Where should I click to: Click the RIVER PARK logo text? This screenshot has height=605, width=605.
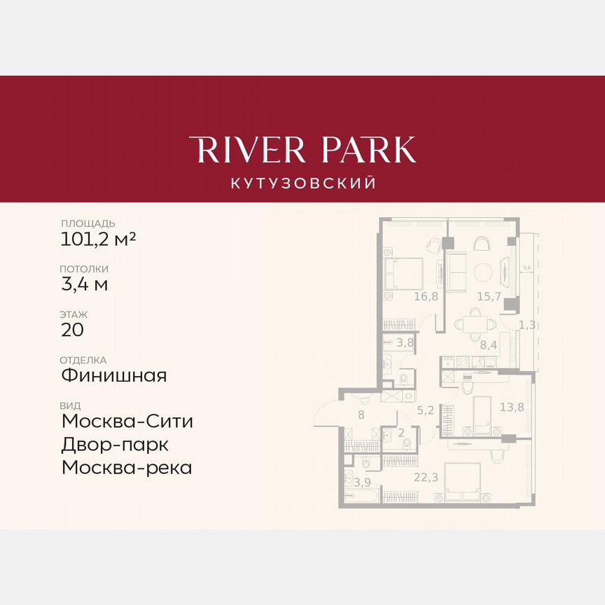point(302,150)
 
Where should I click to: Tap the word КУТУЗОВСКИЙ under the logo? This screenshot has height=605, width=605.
point(302,183)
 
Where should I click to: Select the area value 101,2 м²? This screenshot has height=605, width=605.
point(98,239)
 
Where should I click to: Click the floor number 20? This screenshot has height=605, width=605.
point(72,330)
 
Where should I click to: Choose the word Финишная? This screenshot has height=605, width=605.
point(113,375)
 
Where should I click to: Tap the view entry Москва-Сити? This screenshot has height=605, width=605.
point(127,422)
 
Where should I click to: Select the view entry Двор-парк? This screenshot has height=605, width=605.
point(115,445)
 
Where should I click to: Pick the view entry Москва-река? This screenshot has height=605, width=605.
point(126,467)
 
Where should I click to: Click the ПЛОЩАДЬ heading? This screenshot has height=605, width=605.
point(88,223)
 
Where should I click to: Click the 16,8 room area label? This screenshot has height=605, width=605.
point(426,297)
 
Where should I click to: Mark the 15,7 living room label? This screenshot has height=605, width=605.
point(489,297)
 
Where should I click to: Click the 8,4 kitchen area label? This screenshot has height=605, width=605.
point(488,345)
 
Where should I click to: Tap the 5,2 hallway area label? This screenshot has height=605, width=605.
point(425,411)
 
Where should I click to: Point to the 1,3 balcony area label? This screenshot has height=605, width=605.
point(527,325)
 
